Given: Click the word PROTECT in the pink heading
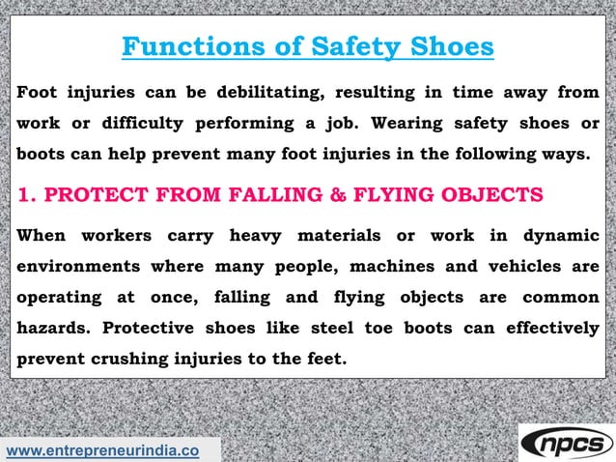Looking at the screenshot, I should [x=92, y=196].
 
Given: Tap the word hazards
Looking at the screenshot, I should [x=53, y=328].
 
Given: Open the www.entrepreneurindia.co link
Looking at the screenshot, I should [x=103, y=450].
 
